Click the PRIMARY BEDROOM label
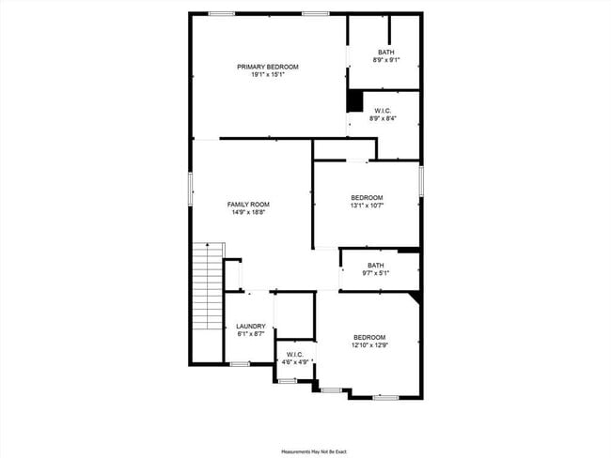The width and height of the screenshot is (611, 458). [268, 67]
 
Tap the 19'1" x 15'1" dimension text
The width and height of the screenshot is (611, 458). [268, 75]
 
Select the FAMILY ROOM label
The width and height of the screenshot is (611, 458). [248, 205]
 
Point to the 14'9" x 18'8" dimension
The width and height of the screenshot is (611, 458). [248, 213]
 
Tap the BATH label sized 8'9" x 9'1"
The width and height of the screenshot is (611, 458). [385, 52]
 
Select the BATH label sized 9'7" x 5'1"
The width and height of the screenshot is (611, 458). [376, 265]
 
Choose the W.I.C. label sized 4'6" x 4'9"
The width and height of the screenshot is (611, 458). [294, 355]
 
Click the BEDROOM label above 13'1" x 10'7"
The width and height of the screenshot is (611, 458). [367, 197]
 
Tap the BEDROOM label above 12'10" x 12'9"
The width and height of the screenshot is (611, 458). [369, 337]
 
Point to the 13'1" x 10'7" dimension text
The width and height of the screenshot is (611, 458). [367, 206]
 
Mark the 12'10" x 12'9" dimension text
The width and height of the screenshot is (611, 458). [369, 345]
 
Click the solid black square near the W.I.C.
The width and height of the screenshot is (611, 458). [355, 100]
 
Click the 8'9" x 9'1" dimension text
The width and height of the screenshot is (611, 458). [385, 60]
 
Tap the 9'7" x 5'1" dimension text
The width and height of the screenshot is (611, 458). [376, 273]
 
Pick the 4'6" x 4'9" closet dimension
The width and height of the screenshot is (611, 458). [294, 362]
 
